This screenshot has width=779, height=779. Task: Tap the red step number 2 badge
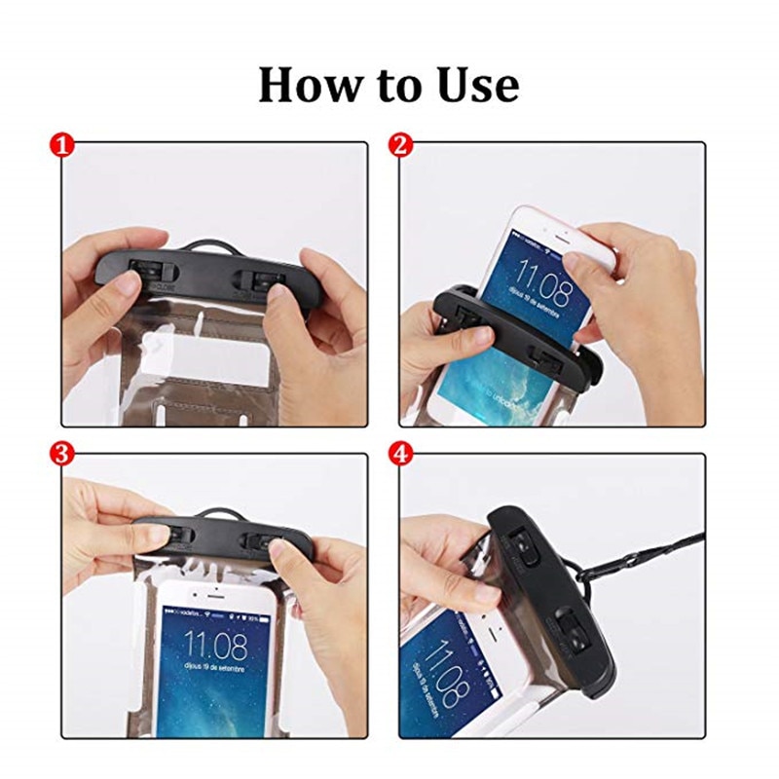[399, 146]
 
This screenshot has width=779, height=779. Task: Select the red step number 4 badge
[399, 453]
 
